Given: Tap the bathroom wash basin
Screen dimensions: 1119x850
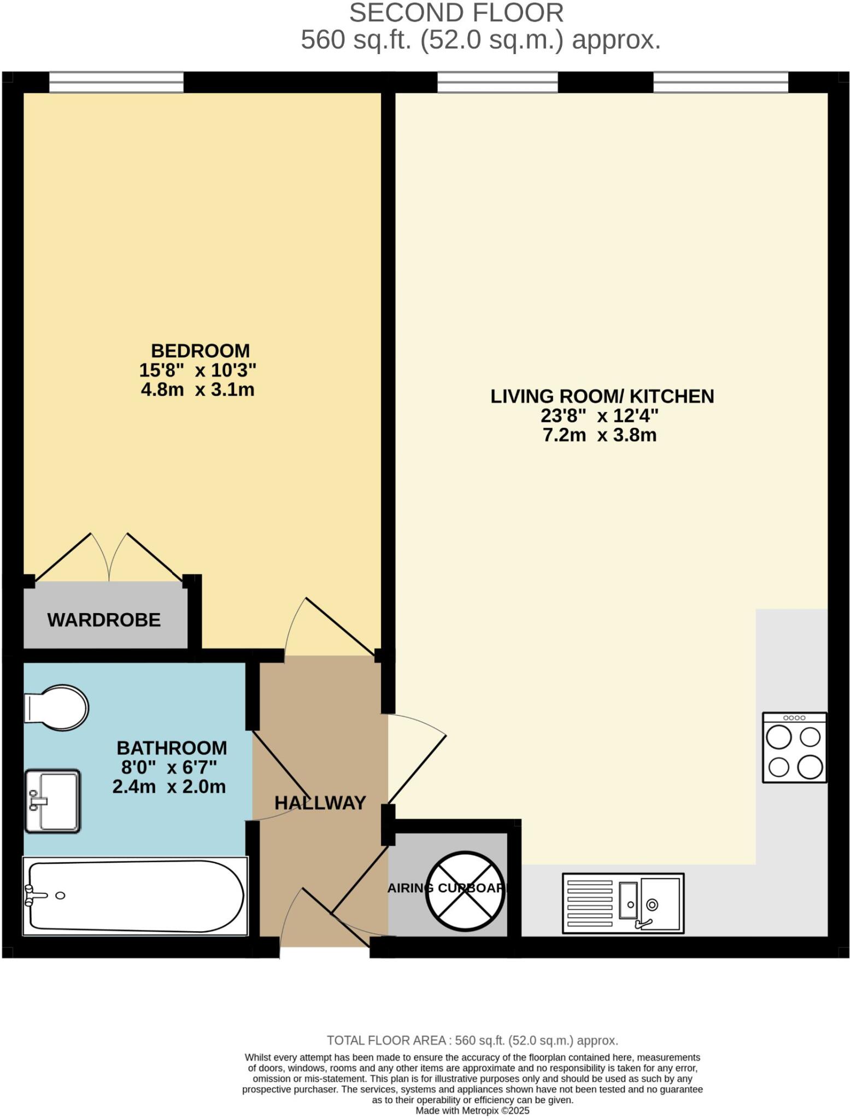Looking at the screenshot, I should pyautogui.click(x=52, y=801).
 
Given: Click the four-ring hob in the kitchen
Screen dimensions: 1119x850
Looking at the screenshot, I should pyautogui.click(x=794, y=747).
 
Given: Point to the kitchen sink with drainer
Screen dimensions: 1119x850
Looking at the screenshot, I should pyautogui.click(x=623, y=903).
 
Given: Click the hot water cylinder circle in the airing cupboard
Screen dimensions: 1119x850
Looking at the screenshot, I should pyautogui.click(x=465, y=891).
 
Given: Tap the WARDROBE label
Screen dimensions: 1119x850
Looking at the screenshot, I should pyautogui.click(x=104, y=620).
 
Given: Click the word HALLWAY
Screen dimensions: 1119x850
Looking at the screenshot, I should pyautogui.click(x=320, y=803).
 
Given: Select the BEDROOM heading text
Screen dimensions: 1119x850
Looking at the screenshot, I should pyautogui.click(x=200, y=350).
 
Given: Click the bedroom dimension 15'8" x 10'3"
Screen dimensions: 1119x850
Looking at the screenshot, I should pyautogui.click(x=197, y=370).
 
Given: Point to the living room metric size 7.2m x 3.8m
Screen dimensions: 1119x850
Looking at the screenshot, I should pyautogui.click(x=599, y=435).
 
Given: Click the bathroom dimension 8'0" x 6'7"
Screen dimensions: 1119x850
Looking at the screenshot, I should pyautogui.click(x=169, y=767).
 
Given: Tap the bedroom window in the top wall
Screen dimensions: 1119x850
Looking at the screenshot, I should pyautogui.click(x=116, y=83).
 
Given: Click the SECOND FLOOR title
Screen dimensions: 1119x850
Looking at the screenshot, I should pyautogui.click(x=456, y=13).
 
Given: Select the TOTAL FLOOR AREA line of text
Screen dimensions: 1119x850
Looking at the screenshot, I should pyautogui.click(x=472, y=1040).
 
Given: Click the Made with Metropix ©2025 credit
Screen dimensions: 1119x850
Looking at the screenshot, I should pyautogui.click(x=472, y=1111).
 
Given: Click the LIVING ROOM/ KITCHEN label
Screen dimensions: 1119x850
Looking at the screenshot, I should pyautogui.click(x=602, y=396).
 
